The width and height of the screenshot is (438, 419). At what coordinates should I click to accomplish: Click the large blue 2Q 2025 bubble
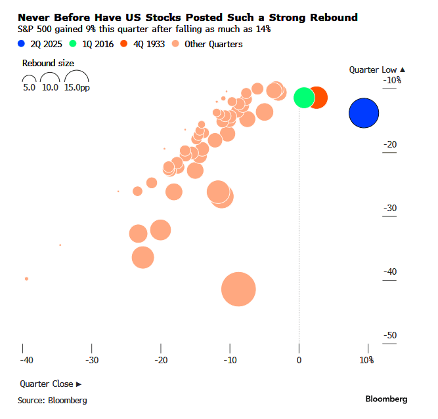(x=364, y=113)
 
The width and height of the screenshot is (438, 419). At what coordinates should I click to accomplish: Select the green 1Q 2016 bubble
(x=303, y=97)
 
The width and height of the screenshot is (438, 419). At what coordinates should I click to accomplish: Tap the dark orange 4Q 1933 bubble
(x=318, y=97)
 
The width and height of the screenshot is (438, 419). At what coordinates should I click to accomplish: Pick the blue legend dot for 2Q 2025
(x=22, y=44)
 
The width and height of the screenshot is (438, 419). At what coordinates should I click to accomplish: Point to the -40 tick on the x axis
(x=26, y=360)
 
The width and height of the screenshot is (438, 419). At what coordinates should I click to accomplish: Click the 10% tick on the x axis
(x=366, y=360)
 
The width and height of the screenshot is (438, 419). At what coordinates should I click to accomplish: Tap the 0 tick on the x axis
(x=299, y=360)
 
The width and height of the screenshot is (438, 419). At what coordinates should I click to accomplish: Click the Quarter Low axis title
(x=377, y=69)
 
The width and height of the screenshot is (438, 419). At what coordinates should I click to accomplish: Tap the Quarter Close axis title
(x=51, y=384)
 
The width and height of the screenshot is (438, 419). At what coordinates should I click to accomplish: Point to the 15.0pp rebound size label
(x=77, y=87)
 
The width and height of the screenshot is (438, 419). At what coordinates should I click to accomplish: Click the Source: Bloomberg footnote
(x=52, y=399)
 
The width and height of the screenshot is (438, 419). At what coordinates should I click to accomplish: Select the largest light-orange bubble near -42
(x=238, y=289)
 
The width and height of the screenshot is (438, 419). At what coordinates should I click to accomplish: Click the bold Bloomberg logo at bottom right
(x=386, y=399)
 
